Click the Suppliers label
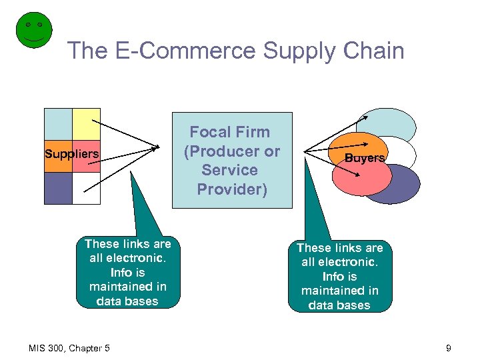pos(72,155)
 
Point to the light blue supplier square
pos(58,124)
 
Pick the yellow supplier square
pos(86,124)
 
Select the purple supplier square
pos(58,188)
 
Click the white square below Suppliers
pos(86,188)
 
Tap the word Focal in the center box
pos(212,132)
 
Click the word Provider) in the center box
pos(232,189)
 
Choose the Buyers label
pos(365,158)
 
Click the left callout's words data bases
pos(127,301)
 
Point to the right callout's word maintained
pos(339,291)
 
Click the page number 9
pos(449,347)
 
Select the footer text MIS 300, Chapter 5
pos(70,347)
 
